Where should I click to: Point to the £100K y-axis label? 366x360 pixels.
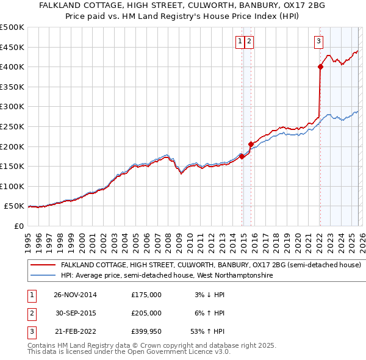click(x=13, y=186)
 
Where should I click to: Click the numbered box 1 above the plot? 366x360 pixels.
click(x=240, y=41)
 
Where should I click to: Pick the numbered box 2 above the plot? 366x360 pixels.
click(x=250, y=41)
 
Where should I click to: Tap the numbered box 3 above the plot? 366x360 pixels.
click(x=318, y=41)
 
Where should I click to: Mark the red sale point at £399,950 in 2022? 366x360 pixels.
click(x=320, y=67)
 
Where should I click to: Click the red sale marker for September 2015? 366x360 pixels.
click(x=251, y=145)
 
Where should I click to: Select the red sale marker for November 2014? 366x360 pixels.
click(x=242, y=156)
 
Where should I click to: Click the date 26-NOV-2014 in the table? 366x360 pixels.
click(x=75, y=295)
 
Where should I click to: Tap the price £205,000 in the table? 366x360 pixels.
click(x=146, y=313)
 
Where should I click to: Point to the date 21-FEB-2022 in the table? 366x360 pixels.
click(x=75, y=331)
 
